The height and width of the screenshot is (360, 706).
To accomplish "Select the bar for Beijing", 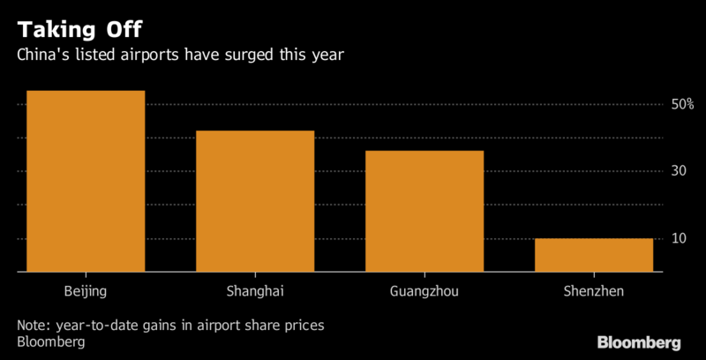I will [86, 181].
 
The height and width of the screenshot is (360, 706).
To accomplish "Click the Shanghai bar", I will [255, 201].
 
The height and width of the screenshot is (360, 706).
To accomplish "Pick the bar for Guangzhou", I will [424, 211].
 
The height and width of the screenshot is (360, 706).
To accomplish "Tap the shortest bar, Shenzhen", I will [594, 255].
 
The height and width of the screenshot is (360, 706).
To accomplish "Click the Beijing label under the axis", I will [86, 289].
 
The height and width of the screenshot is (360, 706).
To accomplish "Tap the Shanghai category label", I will [255, 289].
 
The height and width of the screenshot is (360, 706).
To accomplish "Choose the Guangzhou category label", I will [424, 289].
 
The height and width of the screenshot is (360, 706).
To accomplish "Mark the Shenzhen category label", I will [594, 289].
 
